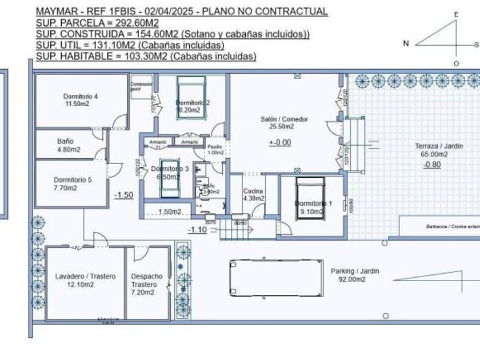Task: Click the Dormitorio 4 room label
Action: point(81,97)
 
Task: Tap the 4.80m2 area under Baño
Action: point(69,150)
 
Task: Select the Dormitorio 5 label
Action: point(73,179)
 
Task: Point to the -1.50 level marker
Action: point(123,195)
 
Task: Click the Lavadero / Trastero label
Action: point(85,277)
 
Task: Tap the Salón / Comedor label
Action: point(284,119)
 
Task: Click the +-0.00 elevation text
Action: point(280,142)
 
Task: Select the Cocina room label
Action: point(253,191)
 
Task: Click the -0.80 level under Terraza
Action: point(432,165)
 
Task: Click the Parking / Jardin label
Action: point(355,271)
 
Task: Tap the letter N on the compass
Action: point(406,43)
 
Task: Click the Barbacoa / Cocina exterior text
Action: point(451,226)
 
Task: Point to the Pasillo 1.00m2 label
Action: point(215,149)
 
